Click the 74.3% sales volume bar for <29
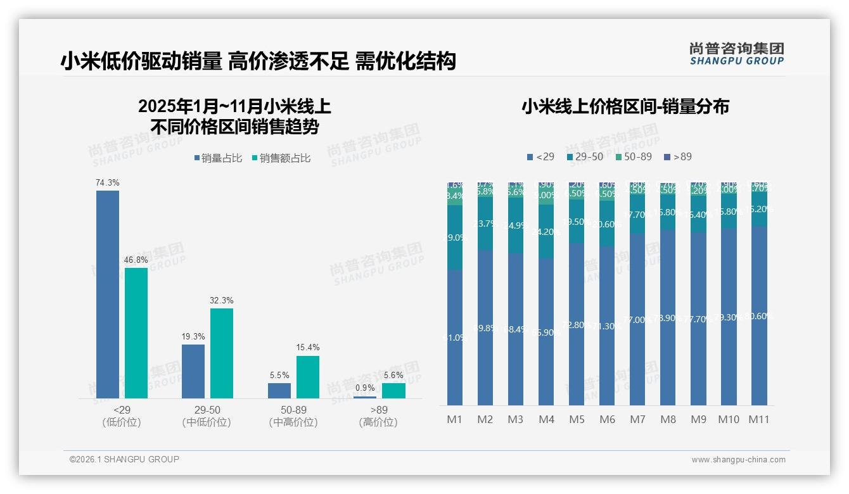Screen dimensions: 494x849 (x=108, y=294)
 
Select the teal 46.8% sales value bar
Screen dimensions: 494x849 (x=136, y=333)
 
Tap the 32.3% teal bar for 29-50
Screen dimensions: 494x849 (x=222, y=353)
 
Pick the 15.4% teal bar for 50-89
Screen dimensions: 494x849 (x=308, y=377)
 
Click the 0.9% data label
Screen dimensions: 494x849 (x=365, y=388)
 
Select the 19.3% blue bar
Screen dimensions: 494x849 (x=193, y=371)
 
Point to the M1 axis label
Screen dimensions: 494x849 (x=454, y=419)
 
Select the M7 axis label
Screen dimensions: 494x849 (x=637, y=419)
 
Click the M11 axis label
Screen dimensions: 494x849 (x=758, y=419)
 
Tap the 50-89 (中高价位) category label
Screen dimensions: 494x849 (x=293, y=416)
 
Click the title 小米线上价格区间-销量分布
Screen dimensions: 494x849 (x=625, y=106)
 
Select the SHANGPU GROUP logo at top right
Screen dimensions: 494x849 (x=736, y=53)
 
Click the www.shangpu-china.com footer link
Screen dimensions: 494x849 (x=738, y=460)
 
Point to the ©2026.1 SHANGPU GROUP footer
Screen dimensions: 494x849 (x=124, y=459)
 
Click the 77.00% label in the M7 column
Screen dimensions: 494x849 (x=637, y=320)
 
